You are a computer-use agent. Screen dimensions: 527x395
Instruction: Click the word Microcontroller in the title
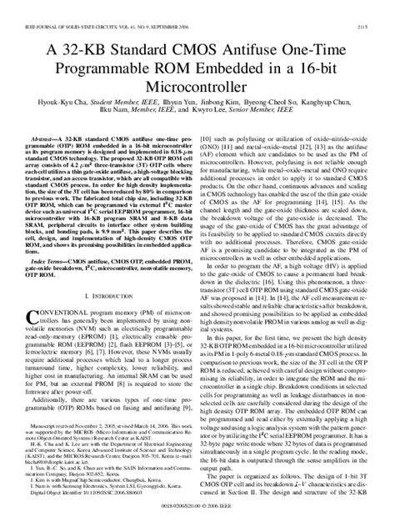197,85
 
